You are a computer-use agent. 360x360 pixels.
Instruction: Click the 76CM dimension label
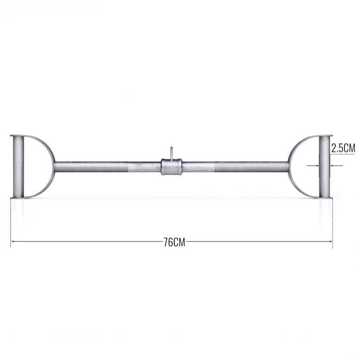pos(174,242)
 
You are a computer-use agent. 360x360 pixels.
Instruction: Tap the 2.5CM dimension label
pos(343,148)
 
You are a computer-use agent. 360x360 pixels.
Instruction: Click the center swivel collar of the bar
pos(171,167)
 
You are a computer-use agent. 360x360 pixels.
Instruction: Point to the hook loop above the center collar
pos(171,152)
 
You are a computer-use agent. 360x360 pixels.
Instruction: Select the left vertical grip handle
pos(18,166)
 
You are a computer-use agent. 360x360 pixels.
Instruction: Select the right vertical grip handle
pos(324,166)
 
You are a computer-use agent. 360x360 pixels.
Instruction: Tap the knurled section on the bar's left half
pos(91,167)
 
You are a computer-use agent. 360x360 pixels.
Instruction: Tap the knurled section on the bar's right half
pos(251,167)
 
